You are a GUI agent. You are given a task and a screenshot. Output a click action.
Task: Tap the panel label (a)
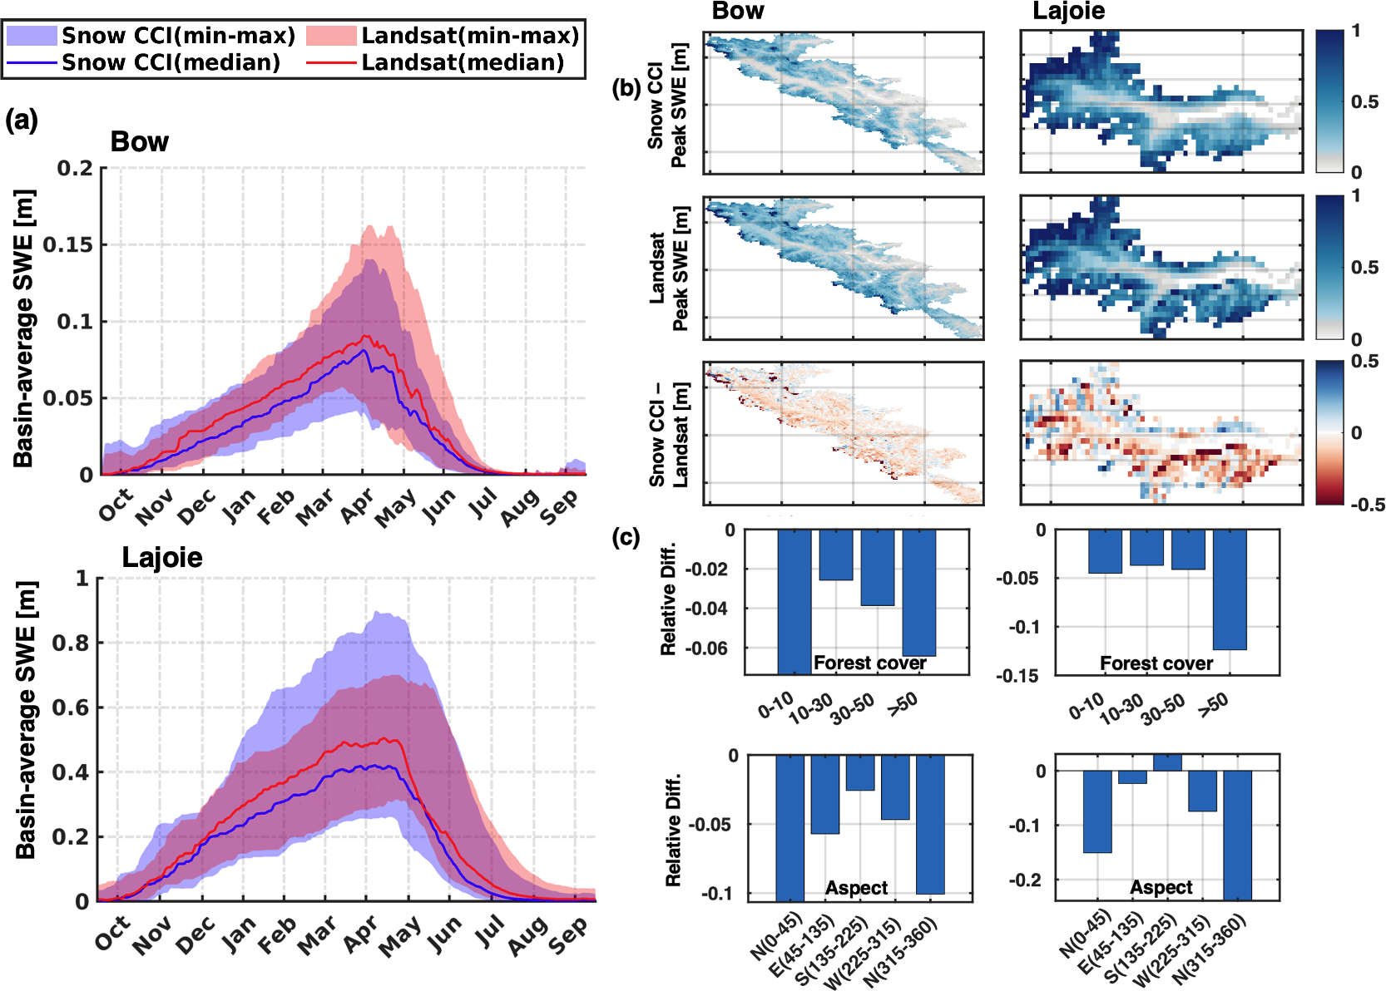[x=22, y=121]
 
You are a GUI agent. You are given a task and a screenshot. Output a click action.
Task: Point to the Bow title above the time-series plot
[x=139, y=142]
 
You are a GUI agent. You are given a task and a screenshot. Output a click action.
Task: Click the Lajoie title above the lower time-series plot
[x=162, y=557]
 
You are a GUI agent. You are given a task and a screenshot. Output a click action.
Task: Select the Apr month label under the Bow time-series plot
[x=357, y=507]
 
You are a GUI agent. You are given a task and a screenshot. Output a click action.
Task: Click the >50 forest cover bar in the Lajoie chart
[x=1230, y=589]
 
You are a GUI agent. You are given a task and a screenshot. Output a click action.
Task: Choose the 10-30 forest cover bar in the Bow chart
[x=836, y=555]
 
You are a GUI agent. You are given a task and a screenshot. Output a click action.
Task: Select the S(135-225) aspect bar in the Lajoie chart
[x=1167, y=762]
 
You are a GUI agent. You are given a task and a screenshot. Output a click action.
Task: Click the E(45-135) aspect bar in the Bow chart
[x=825, y=794]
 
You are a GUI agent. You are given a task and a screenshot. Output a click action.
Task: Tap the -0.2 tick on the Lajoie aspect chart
[x=1027, y=880]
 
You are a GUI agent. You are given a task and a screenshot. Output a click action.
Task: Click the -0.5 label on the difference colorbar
[x=1367, y=504]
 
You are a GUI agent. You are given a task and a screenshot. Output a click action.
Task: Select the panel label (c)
[x=626, y=537]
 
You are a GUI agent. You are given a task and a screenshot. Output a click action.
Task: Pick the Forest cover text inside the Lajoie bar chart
[x=1156, y=663]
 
